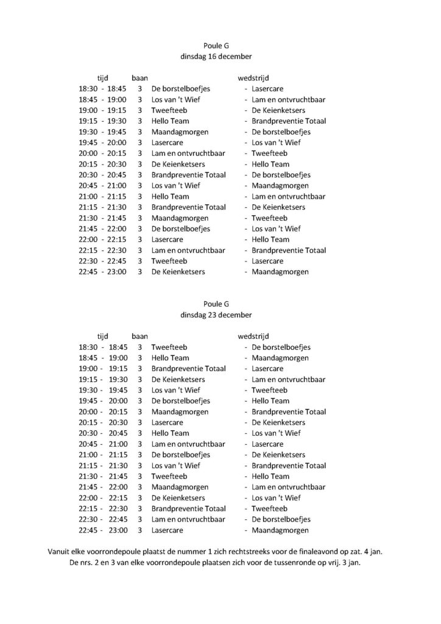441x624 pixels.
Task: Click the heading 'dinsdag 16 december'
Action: pyautogui.click(x=216, y=56)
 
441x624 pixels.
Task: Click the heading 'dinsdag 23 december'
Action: pyautogui.click(x=216, y=315)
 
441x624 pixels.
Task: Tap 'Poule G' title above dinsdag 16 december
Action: pyautogui.click(x=216, y=45)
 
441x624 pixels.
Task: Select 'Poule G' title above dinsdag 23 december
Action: pyautogui.click(x=216, y=304)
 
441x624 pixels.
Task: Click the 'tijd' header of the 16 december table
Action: pyautogui.click(x=102, y=78)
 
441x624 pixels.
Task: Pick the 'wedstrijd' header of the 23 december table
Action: pyautogui.click(x=253, y=336)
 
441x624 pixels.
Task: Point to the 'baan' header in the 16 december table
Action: pyautogui.click(x=139, y=78)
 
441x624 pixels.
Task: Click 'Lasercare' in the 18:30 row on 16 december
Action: pyautogui.click(x=267, y=88)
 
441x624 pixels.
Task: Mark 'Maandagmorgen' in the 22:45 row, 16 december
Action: pyautogui.click(x=280, y=272)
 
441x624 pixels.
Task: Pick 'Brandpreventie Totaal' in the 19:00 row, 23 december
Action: pyautogui.click(x=189, y=369)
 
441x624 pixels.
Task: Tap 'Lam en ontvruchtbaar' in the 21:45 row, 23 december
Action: pyautogui.click(x=289, y=487)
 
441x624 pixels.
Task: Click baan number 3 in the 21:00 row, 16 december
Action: pyautogui.click(x=139, y=196)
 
